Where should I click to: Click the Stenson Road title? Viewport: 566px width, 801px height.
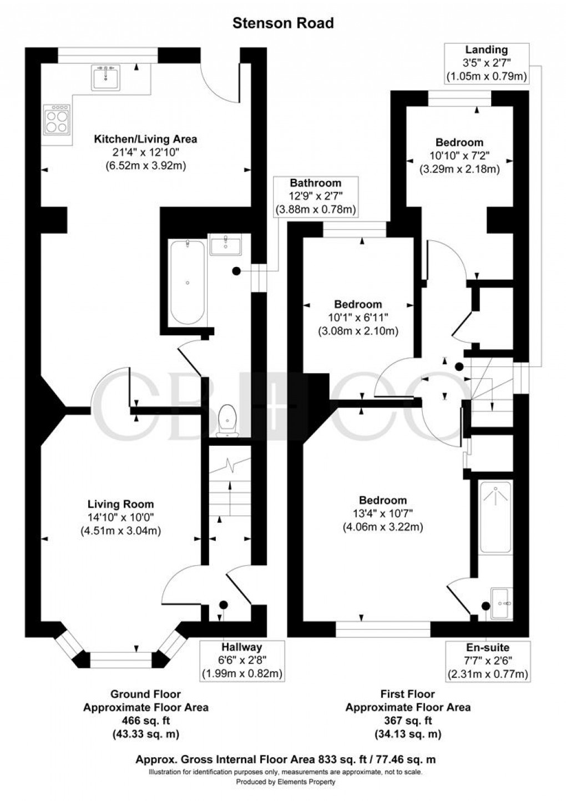tap(283, 23)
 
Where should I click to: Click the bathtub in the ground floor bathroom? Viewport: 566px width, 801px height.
tap(188, 283)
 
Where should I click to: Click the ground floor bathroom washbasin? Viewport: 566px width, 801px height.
tap(226, 245)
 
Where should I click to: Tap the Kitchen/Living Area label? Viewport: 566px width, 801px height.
tap(145, 139)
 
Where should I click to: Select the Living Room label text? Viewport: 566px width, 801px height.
tap(120, 504)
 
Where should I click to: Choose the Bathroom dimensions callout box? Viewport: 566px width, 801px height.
tap(316, 196)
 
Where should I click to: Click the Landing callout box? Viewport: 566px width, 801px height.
tap(487, 63)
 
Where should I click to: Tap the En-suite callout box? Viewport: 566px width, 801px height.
tap(488, 661)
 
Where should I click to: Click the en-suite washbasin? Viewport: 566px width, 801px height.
tap(502, 602)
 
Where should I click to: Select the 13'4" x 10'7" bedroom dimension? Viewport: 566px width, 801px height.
tap(383, 513)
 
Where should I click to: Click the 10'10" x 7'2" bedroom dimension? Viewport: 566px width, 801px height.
tap(459, 156)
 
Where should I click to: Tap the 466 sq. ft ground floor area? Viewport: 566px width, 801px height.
tap(145, 721)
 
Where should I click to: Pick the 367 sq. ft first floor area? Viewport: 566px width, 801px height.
tap(407, 721)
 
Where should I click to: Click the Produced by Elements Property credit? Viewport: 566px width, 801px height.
tap(286, 782)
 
